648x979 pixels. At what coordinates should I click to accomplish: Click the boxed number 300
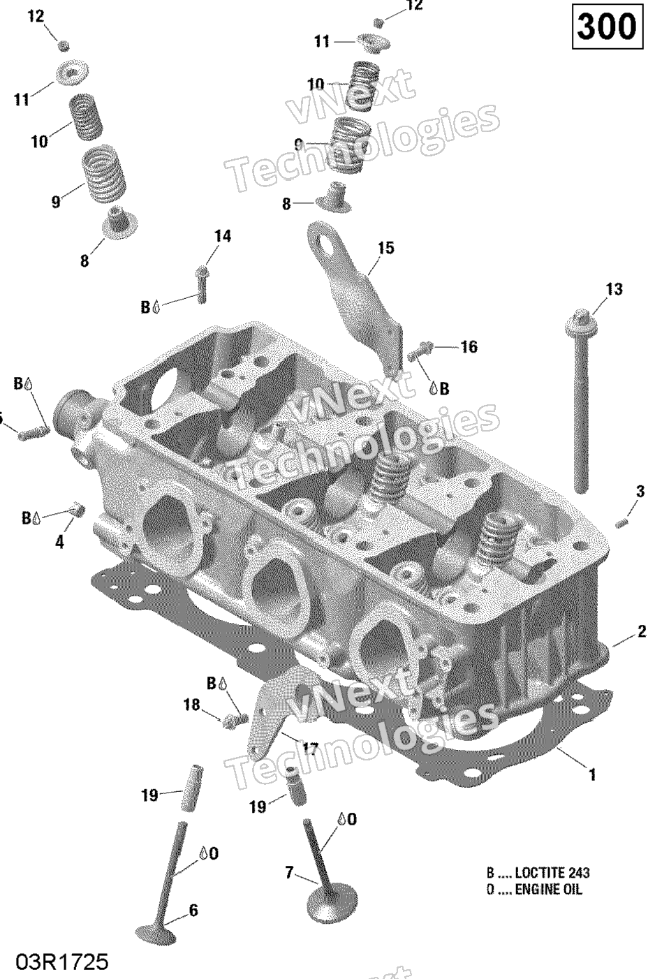pos(607,28)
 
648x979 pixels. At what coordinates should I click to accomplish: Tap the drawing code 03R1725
pos(64,962)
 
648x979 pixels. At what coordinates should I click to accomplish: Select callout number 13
pos(614,289)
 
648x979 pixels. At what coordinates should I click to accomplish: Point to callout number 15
pos(385,248)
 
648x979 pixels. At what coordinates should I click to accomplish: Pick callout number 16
pos(469,346)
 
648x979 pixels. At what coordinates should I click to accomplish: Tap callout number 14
pos(222,236)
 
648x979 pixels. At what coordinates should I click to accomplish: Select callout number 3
pos(640,492)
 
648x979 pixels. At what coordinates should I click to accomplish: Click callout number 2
pos(641,632)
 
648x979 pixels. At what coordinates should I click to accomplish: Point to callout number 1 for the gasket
pos(592,774)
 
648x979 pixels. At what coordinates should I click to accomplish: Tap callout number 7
pos(288,872)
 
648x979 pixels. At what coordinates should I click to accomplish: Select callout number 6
pos(193,910)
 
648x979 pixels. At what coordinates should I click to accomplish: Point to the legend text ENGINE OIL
pos(548,890)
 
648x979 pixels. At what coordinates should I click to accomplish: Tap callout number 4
pos(59,541)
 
